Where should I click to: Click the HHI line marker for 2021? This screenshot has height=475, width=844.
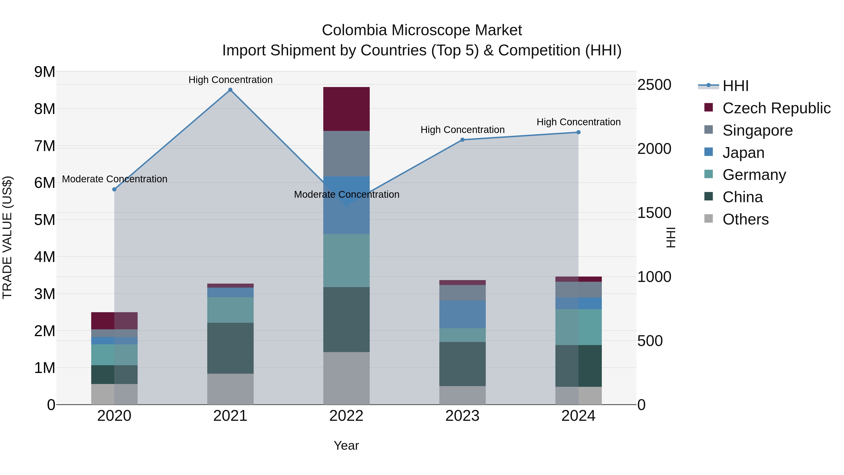pyautogui.click(x=230, y=90)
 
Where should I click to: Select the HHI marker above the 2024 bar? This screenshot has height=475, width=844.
pyautogui.click(x=578, y=133)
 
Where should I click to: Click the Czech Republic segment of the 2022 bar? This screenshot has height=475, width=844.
pyautogui.click(x=346, y=109)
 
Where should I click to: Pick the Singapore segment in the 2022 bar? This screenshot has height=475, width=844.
pyautogui.click(x=346, y=153)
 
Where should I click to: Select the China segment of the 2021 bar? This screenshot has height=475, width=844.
pyautogui.click(x=230, y=348)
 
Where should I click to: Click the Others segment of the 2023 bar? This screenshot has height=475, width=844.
pyautogui.click(x=462, y=395)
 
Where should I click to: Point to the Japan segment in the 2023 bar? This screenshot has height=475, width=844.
pyautogui.click(x=462, y=314)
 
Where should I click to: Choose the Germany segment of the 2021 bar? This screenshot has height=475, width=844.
pyautogui.click(x=230, y=310)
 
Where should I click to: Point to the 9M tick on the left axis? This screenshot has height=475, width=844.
pyautogui.click(x=45, y=72)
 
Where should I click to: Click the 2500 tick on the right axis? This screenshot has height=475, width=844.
pyautogui.click(x=654, y=85)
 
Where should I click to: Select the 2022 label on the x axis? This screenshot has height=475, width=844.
pyautogui.click(x=346, y=416)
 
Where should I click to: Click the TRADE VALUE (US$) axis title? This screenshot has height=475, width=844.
pyautogui.click(x=8, y=238)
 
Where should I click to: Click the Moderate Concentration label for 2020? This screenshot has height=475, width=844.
pyautogui.click(x=115, y=179)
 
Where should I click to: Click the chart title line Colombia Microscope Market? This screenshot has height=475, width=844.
pyautogui.click(x=422, y=30)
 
